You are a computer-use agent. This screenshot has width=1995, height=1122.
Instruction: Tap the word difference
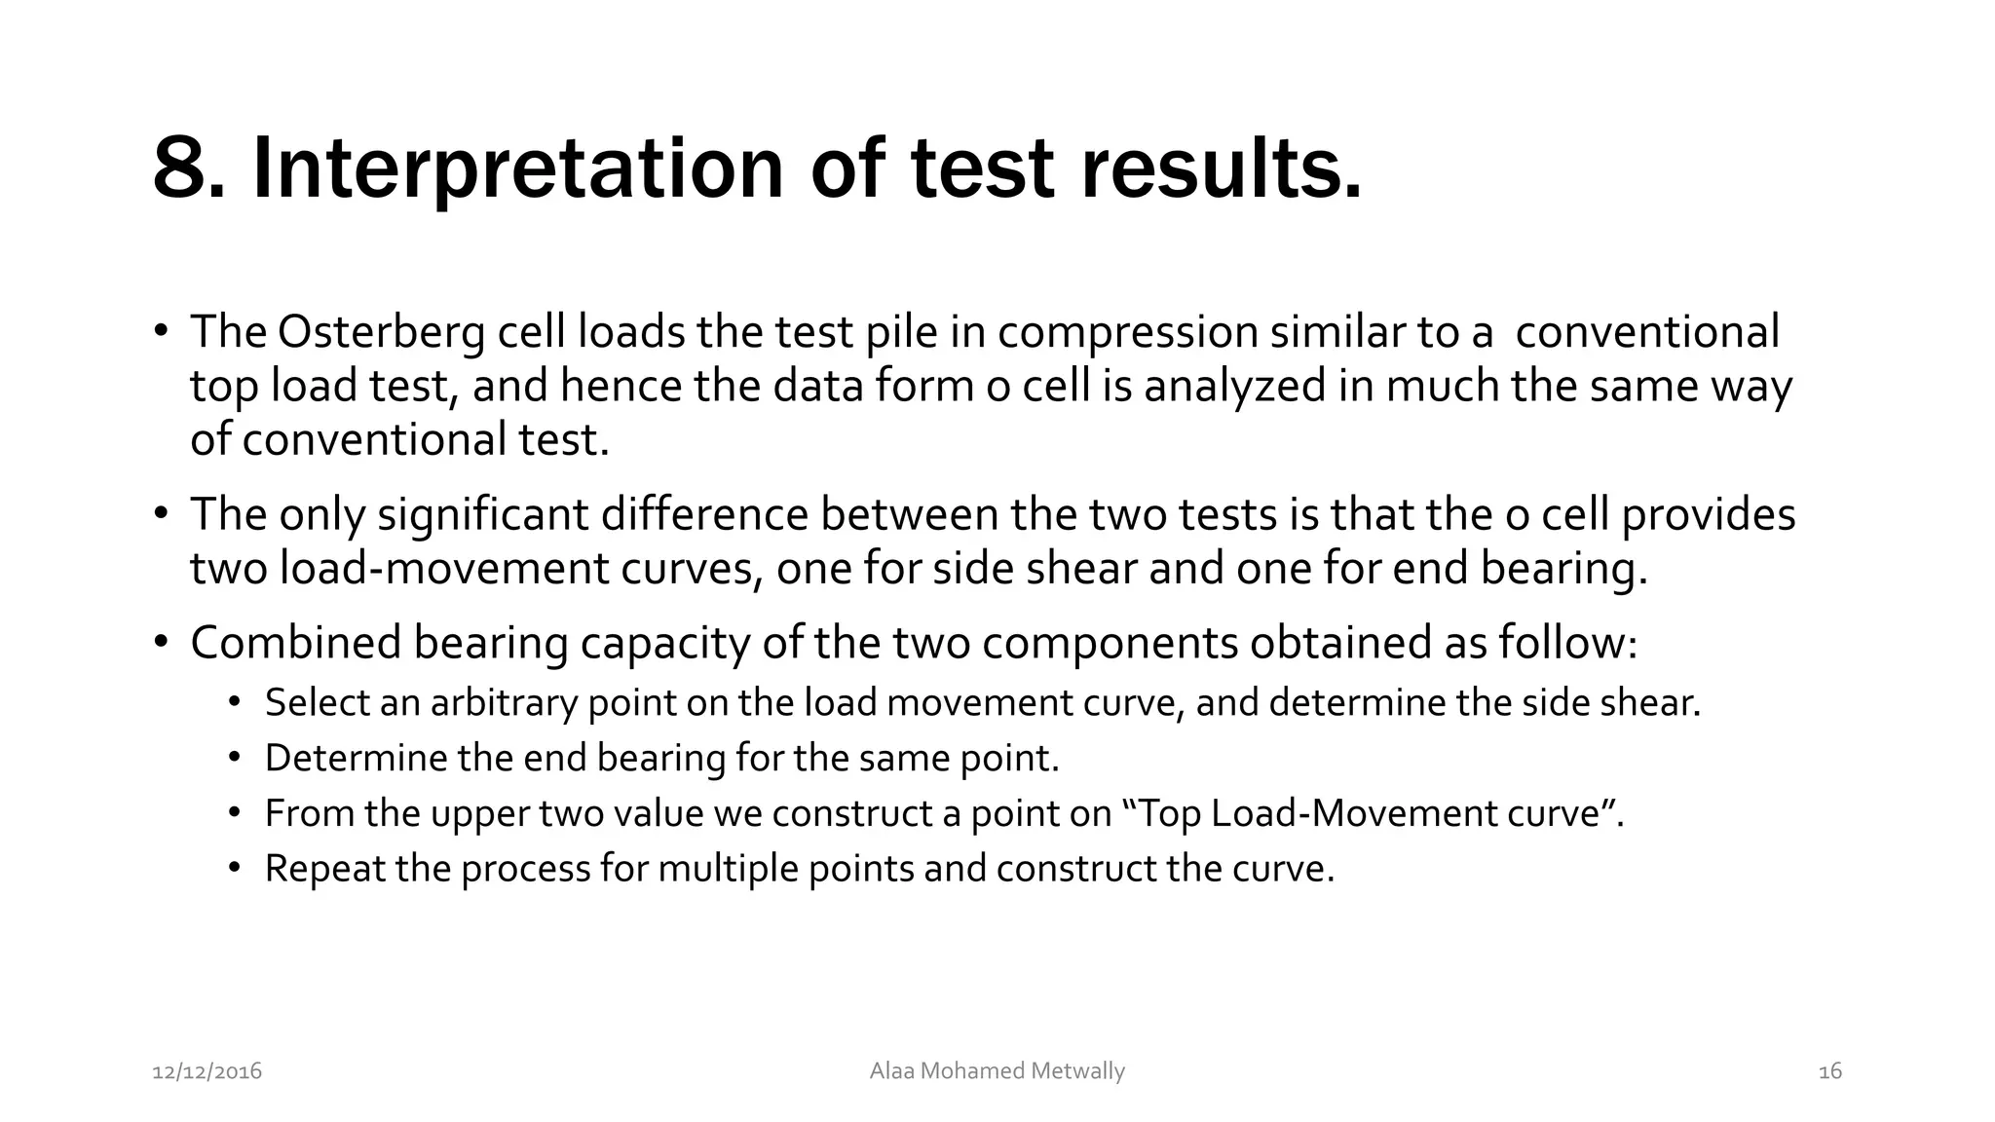704,515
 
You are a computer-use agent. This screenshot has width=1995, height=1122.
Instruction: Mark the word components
1110,644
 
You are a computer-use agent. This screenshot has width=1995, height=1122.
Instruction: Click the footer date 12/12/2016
207,1072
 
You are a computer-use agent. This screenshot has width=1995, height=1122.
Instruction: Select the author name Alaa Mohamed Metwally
997,1071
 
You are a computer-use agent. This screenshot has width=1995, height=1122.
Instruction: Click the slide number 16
1830,1072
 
